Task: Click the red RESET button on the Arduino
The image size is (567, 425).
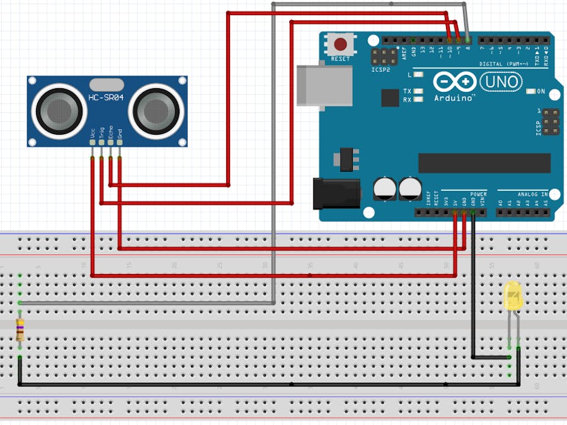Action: click(x=341, y=45)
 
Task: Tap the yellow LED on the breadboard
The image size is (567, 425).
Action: click(x=513, y=296)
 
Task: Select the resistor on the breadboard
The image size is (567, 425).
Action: click(x=20, y=329)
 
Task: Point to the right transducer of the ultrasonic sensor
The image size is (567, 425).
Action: click(x=152, y=111)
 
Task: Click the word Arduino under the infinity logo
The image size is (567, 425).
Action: click(x=455, y=98)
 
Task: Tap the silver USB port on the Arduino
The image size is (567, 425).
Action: click(x=324, y=82)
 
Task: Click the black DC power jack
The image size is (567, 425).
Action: click(x=336, y=193)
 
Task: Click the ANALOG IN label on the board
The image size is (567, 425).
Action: click(x=532, y=194)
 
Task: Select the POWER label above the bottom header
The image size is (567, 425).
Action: click(x=478, y=194)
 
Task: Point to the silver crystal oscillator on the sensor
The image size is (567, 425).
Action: click(x=106, y=83)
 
